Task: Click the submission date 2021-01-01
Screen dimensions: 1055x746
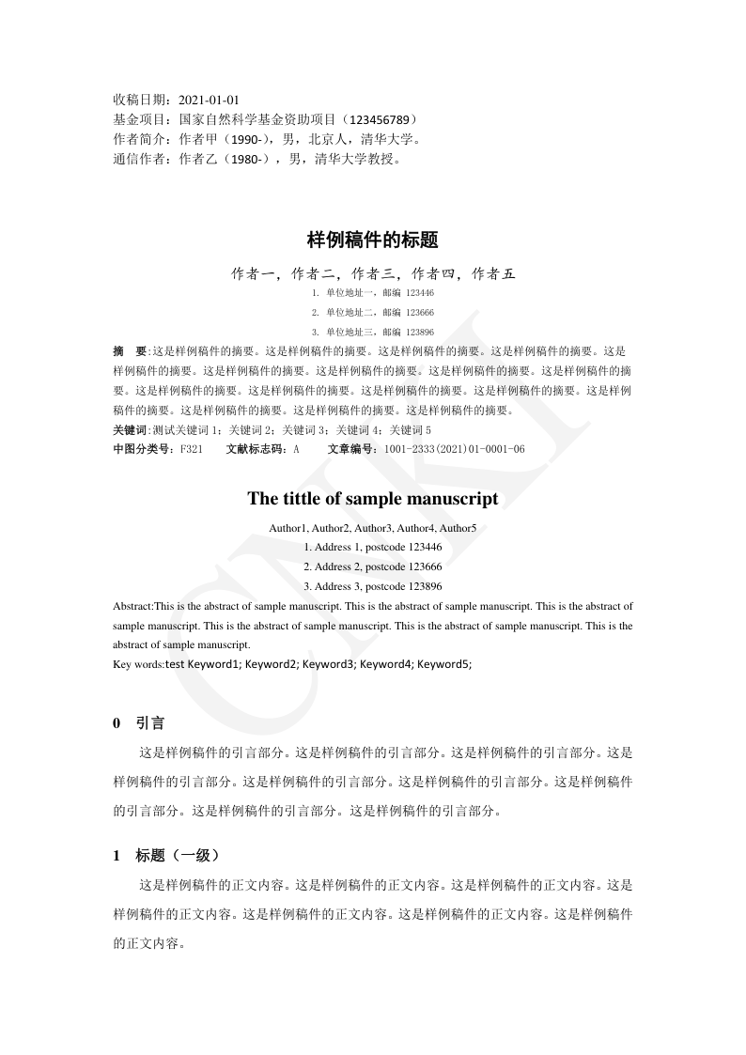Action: point(209,100)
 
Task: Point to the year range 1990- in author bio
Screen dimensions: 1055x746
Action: point(248,140)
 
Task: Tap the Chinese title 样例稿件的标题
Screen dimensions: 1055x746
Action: point(373,240)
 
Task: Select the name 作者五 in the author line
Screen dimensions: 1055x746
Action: point(494,274)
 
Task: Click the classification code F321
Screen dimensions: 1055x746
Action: point(191,449)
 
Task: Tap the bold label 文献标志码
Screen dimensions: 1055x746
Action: point(256,449)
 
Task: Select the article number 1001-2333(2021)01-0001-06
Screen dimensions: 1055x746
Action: point(454,449)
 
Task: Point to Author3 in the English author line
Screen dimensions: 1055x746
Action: point(373,528)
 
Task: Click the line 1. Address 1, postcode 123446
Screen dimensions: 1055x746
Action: point(373,547)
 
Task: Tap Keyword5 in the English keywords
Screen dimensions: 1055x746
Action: point(443,664)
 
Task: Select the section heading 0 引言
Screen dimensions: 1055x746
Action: point(139,723)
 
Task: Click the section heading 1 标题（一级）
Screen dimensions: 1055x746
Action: point(166,856)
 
